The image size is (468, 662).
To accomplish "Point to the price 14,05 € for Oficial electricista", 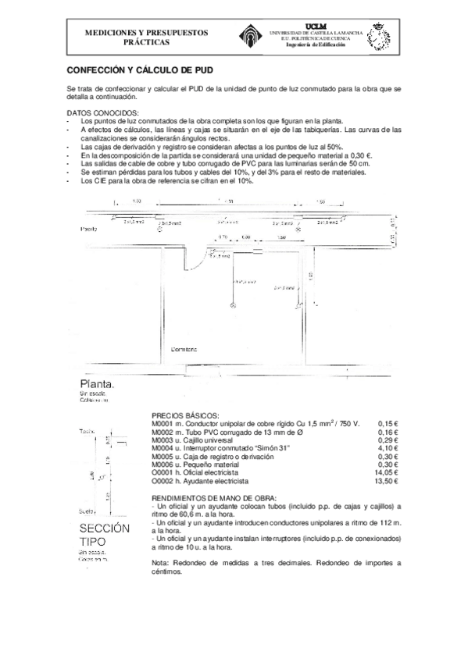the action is [x=386, y=473].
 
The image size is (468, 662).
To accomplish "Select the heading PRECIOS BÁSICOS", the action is [x=185, y=415].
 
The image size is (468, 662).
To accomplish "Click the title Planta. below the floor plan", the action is [x=97, y=386].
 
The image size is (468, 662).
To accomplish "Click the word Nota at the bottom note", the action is [x=159, y=562].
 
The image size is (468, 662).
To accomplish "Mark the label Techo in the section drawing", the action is [x=87, y=431].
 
